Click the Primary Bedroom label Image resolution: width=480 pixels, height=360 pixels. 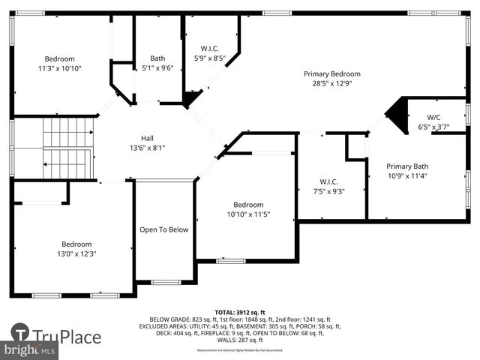331,74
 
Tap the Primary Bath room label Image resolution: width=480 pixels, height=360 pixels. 407,166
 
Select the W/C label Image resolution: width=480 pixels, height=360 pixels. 433,117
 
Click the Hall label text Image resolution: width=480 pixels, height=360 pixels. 148,138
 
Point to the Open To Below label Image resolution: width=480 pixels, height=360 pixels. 163,229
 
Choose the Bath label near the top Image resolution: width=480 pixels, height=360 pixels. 157,58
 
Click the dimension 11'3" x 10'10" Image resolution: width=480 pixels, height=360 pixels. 59,68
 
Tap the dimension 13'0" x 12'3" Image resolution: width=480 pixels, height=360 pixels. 76,254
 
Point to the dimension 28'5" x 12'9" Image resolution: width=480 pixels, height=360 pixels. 331,84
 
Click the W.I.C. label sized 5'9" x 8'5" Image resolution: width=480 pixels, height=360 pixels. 209,49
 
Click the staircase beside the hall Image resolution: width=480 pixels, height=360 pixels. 66,147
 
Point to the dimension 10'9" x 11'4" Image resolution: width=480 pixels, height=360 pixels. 407,176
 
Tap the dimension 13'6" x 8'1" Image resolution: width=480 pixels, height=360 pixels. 148,148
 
